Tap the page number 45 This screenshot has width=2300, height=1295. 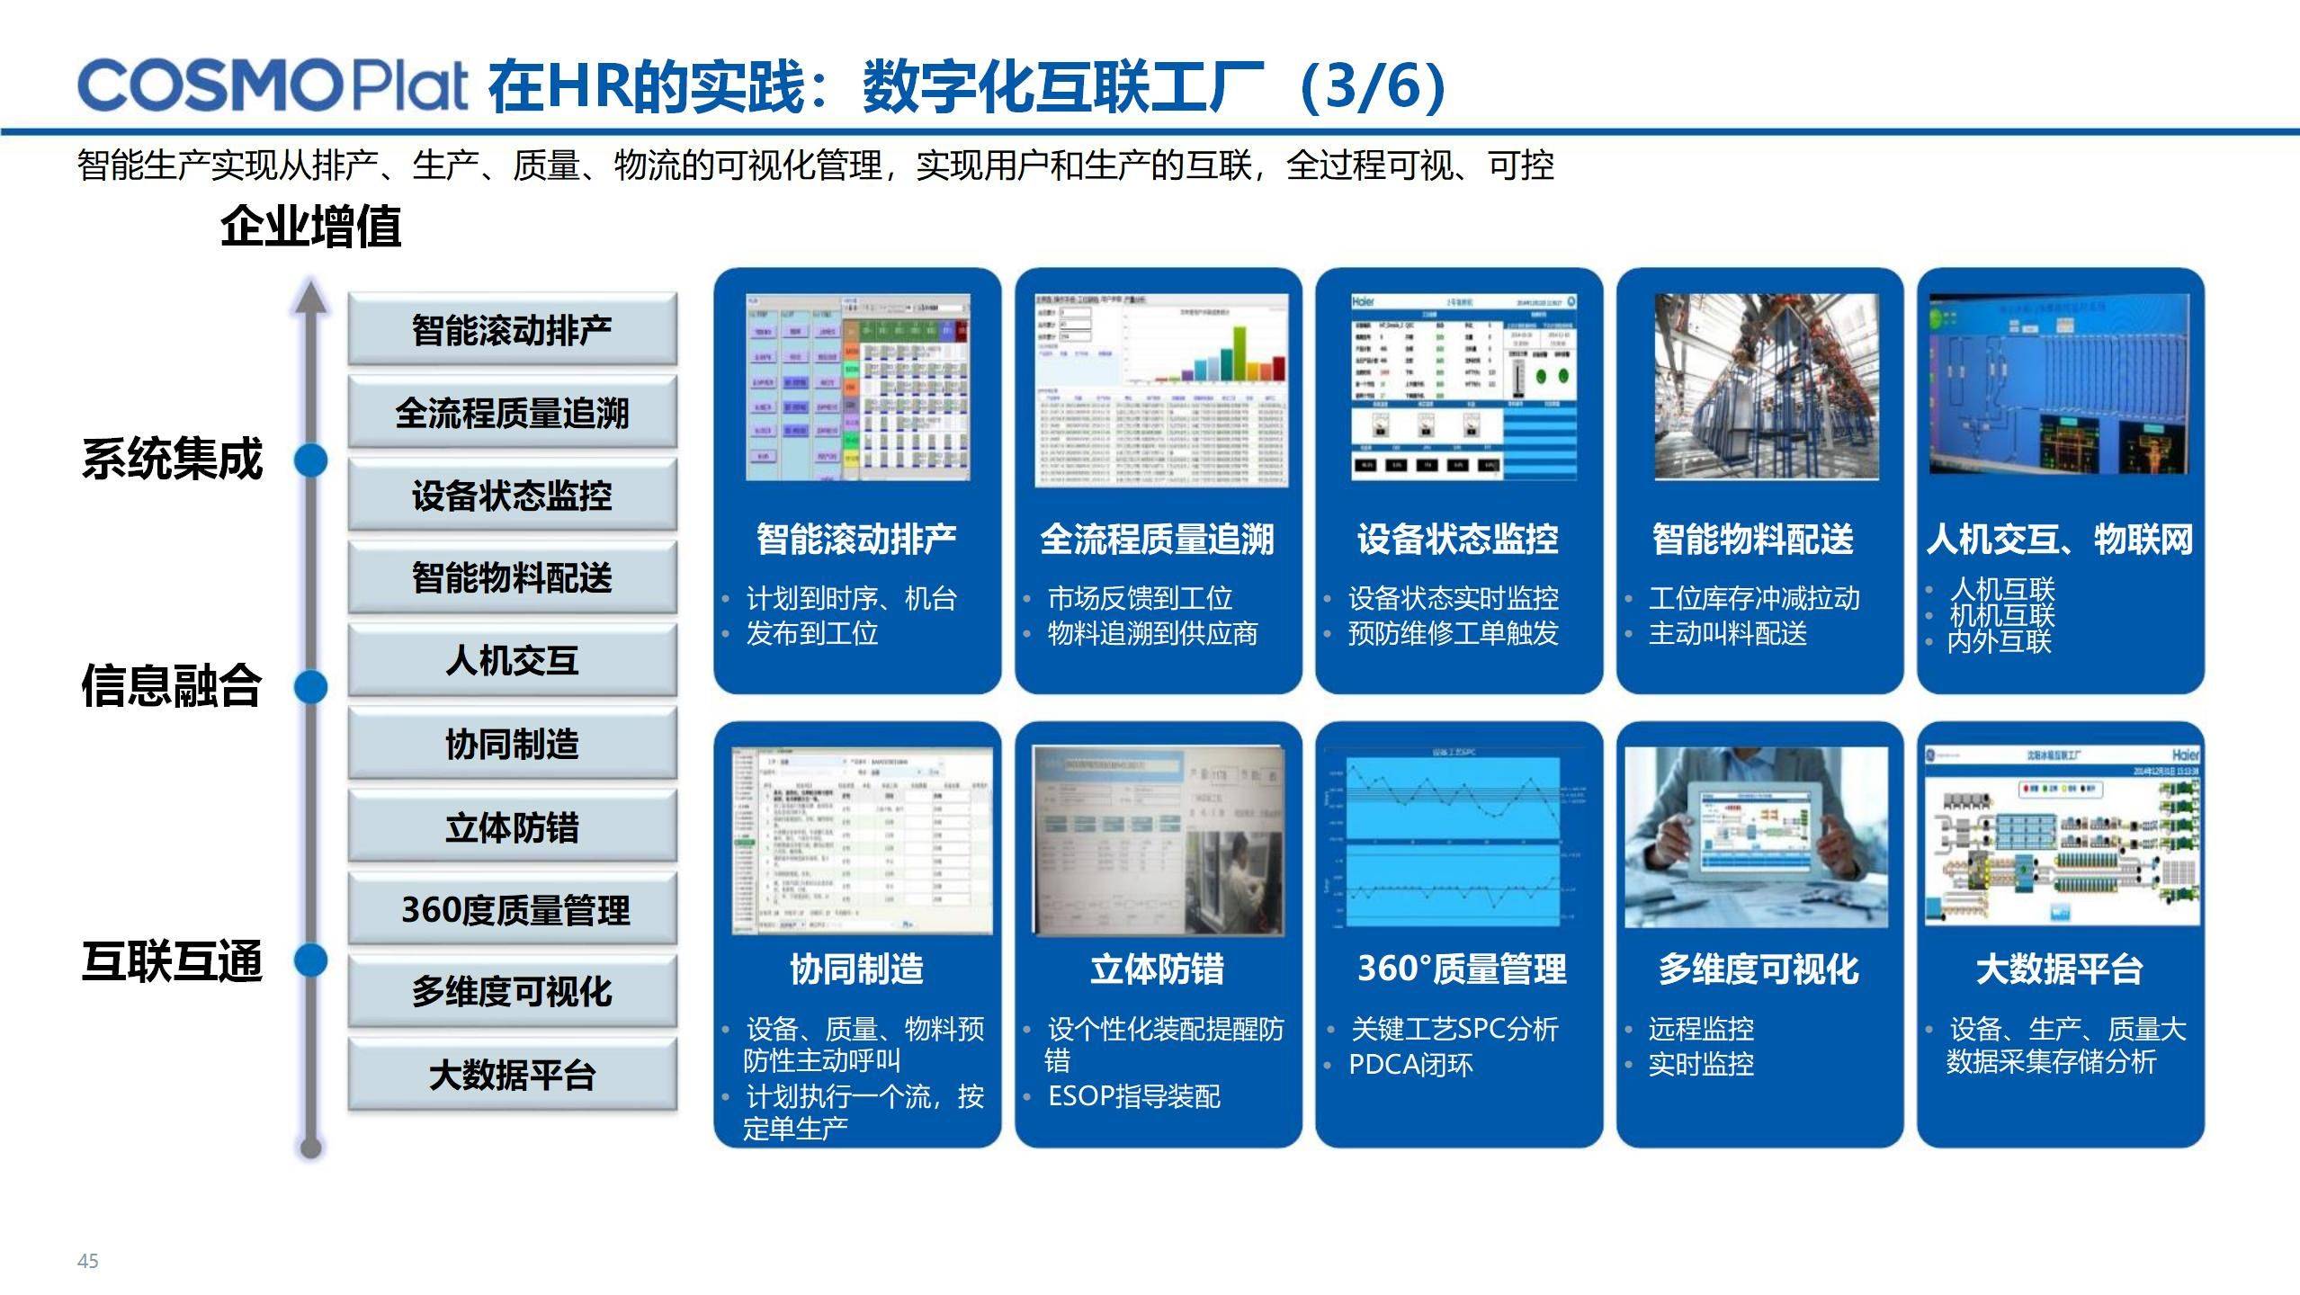[87, 1261]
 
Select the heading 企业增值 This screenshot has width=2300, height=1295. [310, 227]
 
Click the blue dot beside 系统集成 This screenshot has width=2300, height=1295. [311, 460]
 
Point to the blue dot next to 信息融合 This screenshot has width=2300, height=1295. [311, 687]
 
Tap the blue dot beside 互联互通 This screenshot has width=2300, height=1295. [311, 960]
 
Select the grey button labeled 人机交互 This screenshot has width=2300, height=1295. [512, 661]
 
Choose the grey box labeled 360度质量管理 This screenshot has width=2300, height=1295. [512, 909]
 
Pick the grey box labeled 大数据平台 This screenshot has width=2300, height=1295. [512, 1075]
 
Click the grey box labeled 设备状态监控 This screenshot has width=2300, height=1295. [512, 496]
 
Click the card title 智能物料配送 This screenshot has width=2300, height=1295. [1752, 540]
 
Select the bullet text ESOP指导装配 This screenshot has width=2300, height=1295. [1133, 1096]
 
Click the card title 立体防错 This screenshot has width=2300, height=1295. [1157, 969]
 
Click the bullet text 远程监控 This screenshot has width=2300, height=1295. [1700, 1028]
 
